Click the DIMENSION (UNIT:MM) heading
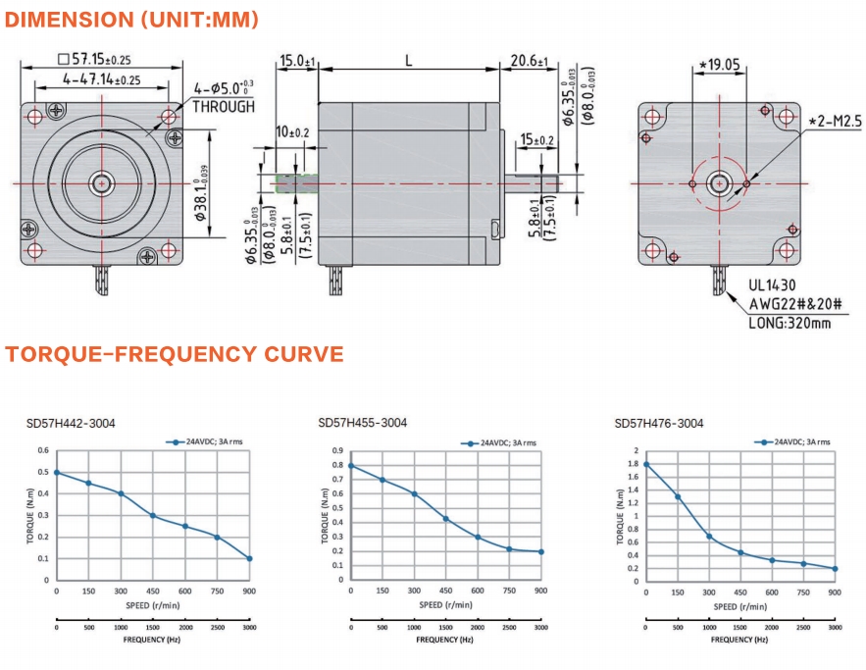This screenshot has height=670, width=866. coord(131,20)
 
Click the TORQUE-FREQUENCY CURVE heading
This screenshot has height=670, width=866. coord(175,354)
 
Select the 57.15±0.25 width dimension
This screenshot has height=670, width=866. coord(94,59)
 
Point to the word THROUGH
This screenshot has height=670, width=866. coord(224,106)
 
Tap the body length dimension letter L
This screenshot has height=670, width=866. coord(409,60)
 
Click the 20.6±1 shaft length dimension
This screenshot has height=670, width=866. coord(529,60)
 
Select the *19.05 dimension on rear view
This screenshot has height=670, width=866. coord(719,65)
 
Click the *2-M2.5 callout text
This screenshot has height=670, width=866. coord(835,121)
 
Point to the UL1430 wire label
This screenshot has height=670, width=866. coord(772,285)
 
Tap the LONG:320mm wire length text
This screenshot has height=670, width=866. coord(790,323)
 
